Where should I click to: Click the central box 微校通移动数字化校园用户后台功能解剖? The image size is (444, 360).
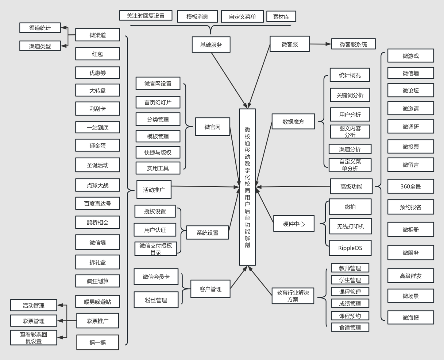[247, 187]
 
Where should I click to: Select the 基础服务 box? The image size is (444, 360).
[211, 45]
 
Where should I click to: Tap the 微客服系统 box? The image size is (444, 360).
[353, 44]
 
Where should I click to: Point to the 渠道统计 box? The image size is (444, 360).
[40, 28]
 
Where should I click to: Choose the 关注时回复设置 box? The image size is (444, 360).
[146, 16]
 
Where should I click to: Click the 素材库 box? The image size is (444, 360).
[281, 16]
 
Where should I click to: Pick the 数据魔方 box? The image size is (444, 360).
[293, 121]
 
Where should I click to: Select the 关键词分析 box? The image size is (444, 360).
[350, 95]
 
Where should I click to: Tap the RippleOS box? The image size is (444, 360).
[350, 248]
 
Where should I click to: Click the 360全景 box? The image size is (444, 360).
[410, 186]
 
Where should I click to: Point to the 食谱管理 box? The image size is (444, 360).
[350, 327]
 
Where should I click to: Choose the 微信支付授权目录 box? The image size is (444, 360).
[156, 249]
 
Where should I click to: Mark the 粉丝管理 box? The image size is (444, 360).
[156, 300]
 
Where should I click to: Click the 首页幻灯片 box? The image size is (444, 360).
[158, 102]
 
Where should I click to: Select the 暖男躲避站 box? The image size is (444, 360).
[97, 301]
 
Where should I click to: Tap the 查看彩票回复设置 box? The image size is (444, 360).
[34, 337]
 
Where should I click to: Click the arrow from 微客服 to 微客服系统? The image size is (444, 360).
[320, 44]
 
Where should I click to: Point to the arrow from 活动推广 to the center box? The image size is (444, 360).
[205, 187]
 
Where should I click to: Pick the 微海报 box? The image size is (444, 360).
[410, 317]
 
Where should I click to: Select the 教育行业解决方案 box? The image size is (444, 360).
[293, 296]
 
